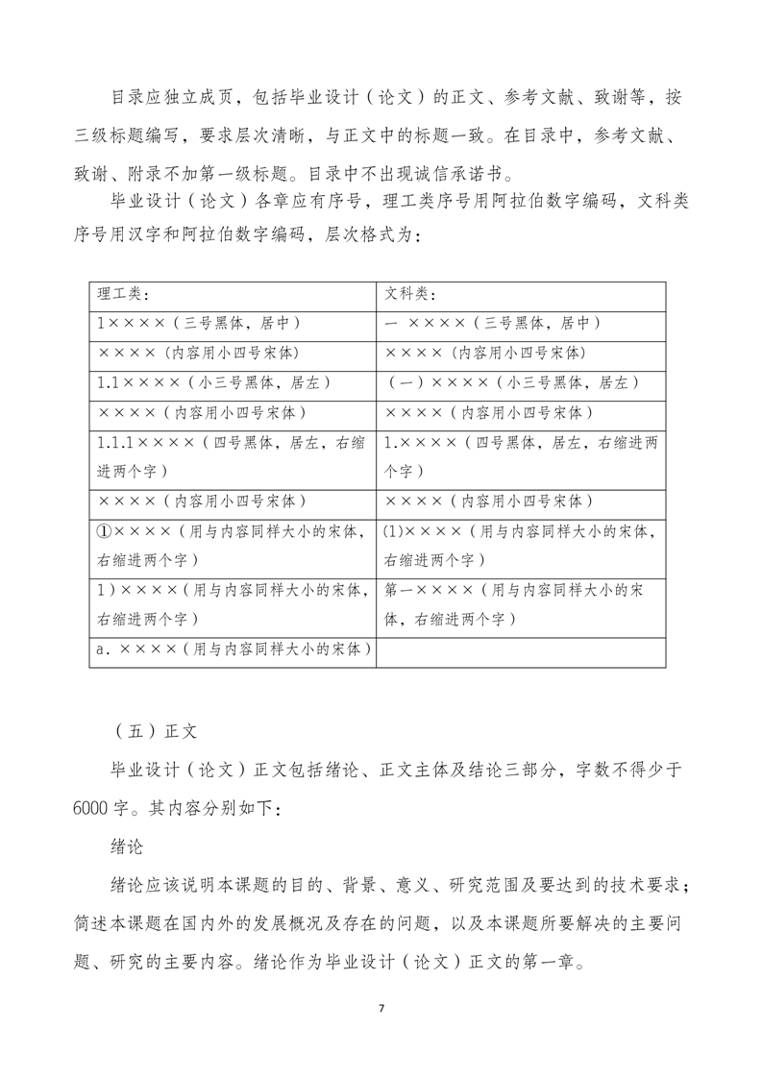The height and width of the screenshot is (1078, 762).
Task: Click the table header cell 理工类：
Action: [124, 294]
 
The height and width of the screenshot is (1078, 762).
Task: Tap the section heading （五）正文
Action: [154, 730]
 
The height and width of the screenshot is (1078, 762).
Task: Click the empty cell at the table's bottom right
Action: [522, 649]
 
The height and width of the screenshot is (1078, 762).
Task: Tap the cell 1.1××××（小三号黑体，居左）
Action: [214, 382]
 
